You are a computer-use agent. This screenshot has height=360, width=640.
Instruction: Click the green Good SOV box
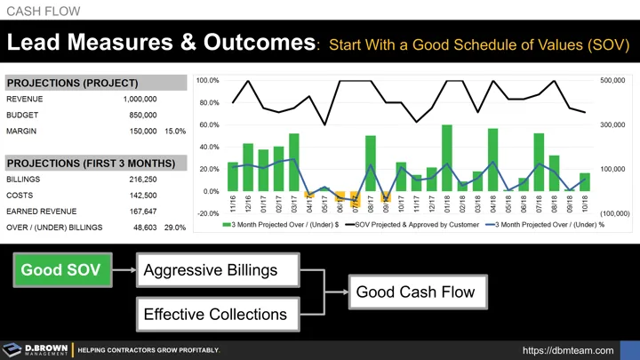60,269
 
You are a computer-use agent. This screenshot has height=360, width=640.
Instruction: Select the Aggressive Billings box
210,269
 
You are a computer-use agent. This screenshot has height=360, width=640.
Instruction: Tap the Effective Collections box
215,314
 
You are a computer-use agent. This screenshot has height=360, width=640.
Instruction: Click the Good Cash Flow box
415,292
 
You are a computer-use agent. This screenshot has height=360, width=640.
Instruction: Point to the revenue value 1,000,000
140,100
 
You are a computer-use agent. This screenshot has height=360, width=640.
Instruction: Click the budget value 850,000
142,116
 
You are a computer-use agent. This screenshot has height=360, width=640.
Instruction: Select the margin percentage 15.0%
175,132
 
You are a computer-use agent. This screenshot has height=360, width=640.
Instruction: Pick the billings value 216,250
142,180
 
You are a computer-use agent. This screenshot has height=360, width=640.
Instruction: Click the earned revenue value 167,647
142,212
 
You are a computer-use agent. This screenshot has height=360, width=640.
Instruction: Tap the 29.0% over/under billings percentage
175,228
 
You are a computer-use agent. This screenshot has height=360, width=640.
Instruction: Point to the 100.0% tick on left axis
207,81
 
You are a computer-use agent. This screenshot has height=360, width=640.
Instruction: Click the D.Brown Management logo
36,350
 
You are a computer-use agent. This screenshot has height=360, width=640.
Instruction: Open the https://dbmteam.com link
568,350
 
